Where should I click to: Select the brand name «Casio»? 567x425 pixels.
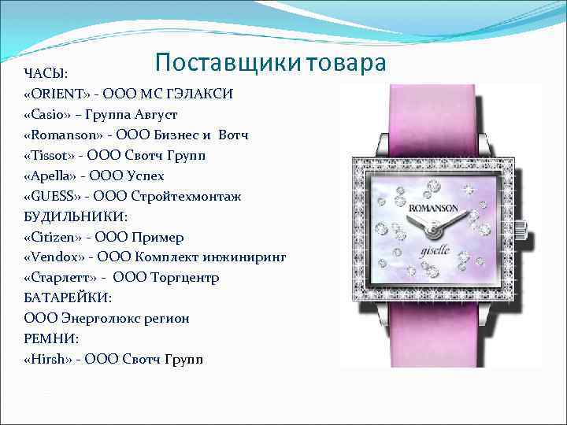(x=48, y=115)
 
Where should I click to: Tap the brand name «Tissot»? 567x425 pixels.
(x=50, y=156)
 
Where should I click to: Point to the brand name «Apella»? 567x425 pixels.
(x=51, y=176)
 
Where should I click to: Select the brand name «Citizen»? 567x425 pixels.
(x=53, y=237)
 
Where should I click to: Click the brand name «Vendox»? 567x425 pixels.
(x=54, y=257)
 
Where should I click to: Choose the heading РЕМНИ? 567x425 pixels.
(x=50, y=339)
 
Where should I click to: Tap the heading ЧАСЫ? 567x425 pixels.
(x=46, y=74)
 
